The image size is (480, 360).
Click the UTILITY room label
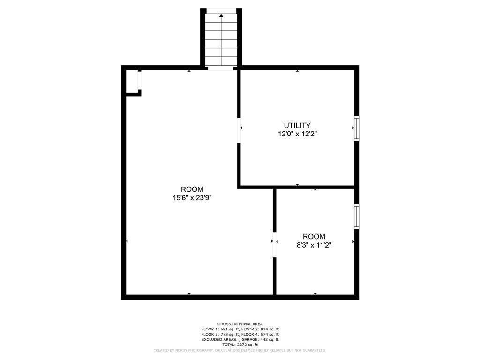(x=297, y=125)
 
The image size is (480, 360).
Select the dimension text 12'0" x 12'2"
(x=297, y=134)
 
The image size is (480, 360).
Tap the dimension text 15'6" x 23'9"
(x=192, y=198)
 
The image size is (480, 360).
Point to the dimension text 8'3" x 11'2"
(x=314, y=245)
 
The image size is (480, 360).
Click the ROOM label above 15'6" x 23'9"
(x=192, y=189)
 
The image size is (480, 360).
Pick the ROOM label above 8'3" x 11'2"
(x=314, y=236)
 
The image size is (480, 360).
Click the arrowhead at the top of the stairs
(x=221, y=15)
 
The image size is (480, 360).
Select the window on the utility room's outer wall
(x=357, y=128)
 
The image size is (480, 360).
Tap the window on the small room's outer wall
(x=357, y=217)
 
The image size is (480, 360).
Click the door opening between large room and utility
(x=239, y=130)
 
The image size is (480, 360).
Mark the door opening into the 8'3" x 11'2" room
(x=275, y=245)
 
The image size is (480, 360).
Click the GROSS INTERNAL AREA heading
(x=240, y=324)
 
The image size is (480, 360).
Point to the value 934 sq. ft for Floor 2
(x=270, y=329)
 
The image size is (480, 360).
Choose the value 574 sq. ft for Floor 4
(x=270, y=334)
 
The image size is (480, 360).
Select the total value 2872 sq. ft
(x=247, y=345)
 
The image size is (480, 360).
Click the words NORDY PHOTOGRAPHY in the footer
(x=192, y=350)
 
